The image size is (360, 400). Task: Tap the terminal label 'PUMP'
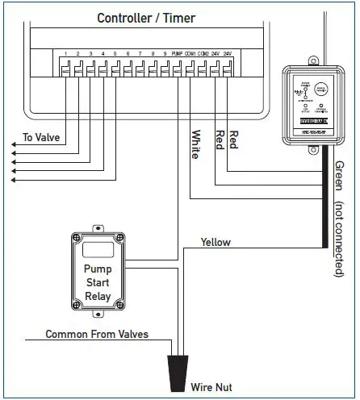pos(177,55)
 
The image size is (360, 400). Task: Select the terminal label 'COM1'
pos(190,55)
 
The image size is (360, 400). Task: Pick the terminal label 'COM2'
pos(203,55)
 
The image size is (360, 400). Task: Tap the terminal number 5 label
pos(115,55)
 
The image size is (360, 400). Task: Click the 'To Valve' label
pos(39,137)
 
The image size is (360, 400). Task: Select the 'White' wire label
pos(195,144)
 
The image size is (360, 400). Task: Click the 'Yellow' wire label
pos(216,242)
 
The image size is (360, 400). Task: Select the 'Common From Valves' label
pos(97,333)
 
